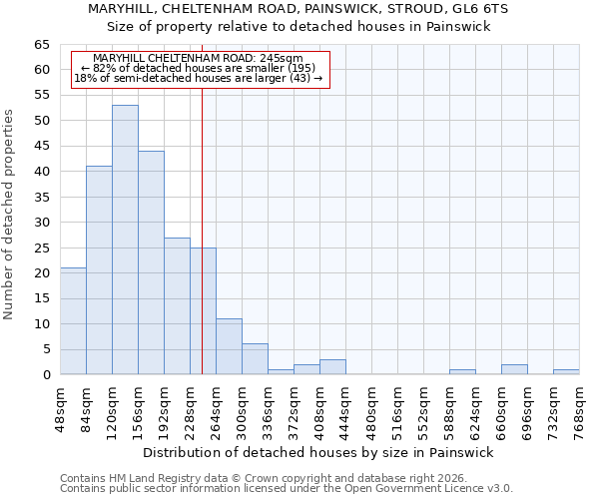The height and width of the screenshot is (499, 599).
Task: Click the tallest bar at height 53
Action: coord(125,240)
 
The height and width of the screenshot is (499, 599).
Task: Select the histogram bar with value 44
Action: coord(151,262)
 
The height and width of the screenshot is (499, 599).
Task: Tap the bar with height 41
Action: coord(99,270)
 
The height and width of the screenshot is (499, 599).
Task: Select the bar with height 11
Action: coord(229,346)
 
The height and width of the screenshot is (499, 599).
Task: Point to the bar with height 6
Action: coord(255,359)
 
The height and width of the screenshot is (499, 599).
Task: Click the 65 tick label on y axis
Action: coord(41,45)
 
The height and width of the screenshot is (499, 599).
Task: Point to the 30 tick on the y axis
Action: coord(41,223)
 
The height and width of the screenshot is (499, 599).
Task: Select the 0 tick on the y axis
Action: coord(45,375)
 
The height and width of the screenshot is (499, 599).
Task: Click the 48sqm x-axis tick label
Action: coord(61,407)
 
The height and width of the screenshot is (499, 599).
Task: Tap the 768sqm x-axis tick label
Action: coord(580,407)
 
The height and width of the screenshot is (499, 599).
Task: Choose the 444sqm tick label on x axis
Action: coord(346,407)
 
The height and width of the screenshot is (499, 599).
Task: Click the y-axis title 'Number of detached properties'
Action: coord(9,215)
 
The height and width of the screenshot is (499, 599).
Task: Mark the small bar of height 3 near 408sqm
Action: coord(332,367)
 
